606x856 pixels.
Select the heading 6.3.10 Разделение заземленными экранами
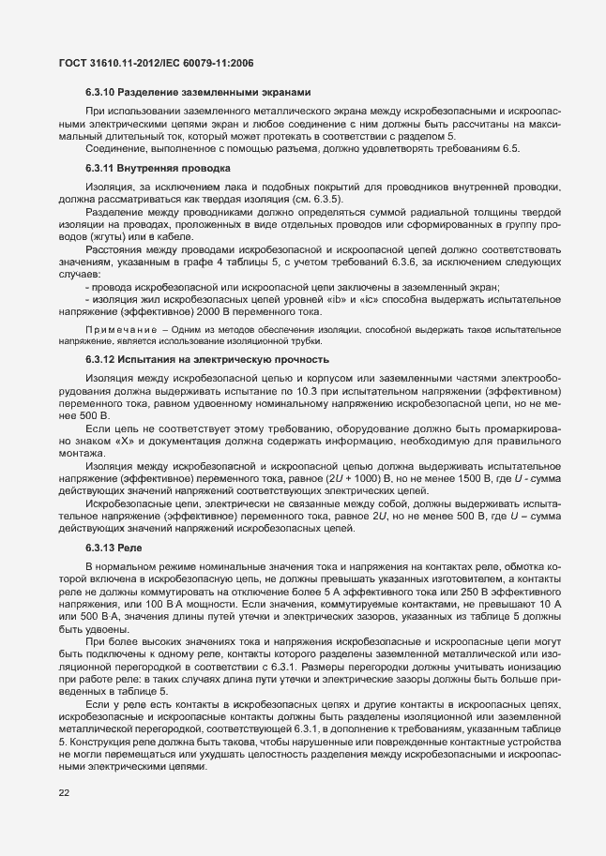pyautogui.click(x=191, y=92)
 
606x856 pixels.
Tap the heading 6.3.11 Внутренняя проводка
pyautogui.click(x=157, y=169)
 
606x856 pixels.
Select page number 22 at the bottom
pyautogui.click(x=64, y=794)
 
